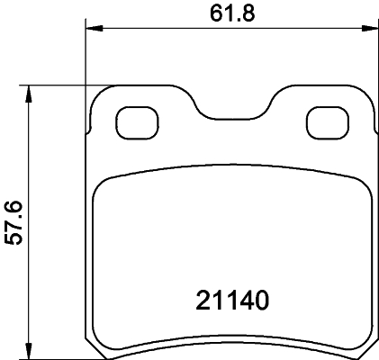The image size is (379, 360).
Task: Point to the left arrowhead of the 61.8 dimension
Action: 92,29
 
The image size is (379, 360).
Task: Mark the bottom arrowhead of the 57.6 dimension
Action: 30,348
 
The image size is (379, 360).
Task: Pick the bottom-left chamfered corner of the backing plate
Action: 94,342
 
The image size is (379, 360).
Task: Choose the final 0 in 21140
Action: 262,300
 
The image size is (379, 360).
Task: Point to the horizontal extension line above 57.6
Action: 63,86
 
